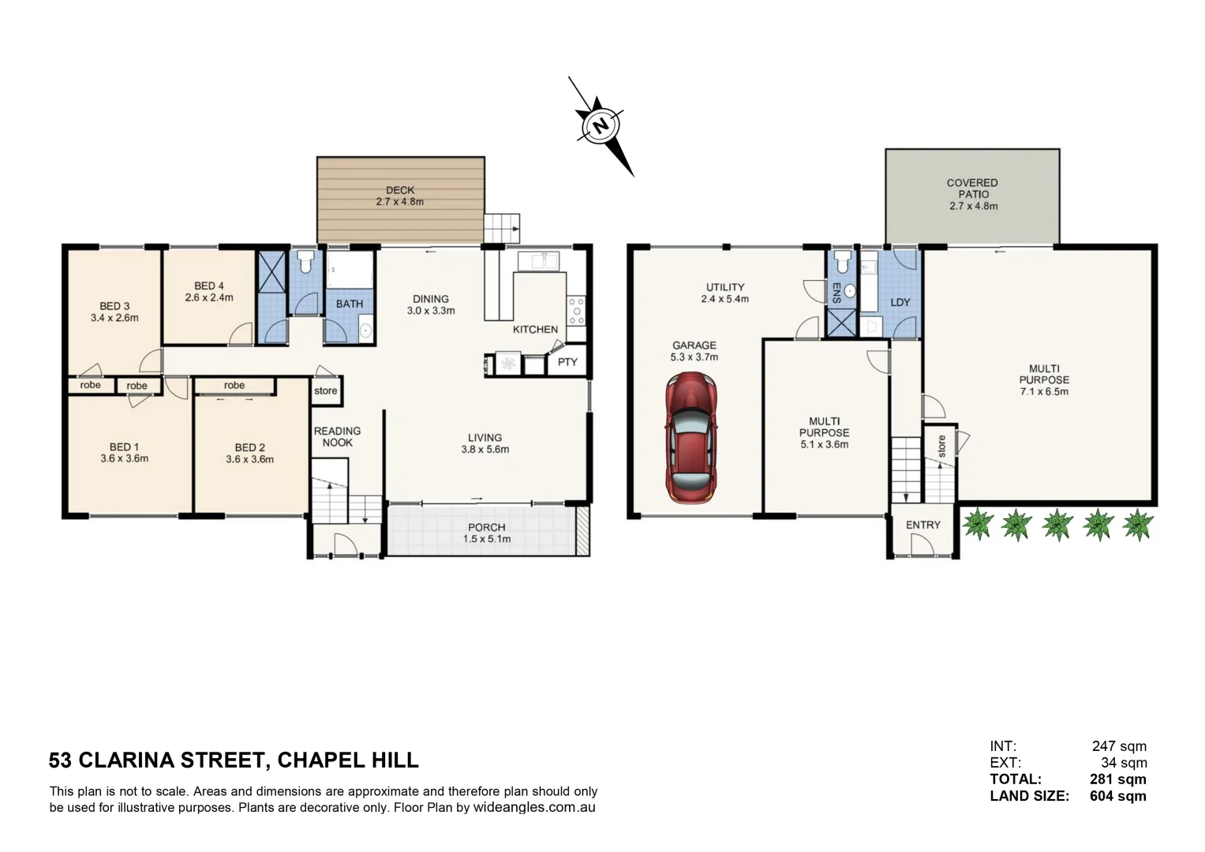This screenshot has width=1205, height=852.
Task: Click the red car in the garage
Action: pyautogui.click(x=691, y=438)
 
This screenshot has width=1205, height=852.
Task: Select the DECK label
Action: pyautogui.click(x=400, y=190)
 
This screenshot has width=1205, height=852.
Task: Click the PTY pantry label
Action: pyautogui.click(x=567, y=362)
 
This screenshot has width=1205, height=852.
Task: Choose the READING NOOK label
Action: pyautogui.click(x=337, y=436)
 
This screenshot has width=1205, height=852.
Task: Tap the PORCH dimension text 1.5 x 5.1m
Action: pyautogui.click(x=487, y=540)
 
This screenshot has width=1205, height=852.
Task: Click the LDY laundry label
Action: pyautogui.click(x=900, y=302)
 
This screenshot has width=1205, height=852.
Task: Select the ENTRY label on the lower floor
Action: pyautogui.click(x=922, y=525)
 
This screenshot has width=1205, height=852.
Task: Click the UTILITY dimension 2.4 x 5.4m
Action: pyautogui.click(x=724, y=299)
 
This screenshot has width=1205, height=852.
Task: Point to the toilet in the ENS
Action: pyautogui.click(x=842, y=260)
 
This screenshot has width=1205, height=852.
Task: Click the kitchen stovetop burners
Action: pyautogui.click(x=576, y=311)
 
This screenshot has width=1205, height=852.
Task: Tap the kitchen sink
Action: pyautogui.click(x=538, y=260)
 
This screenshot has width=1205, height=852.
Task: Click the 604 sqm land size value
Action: pyautogui.click(x=1117, y=796)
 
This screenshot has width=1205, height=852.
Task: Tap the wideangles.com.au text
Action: pyautogui.click(x=533, y=808)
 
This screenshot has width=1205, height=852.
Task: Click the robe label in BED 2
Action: pyautogui.click(x=234, y=385)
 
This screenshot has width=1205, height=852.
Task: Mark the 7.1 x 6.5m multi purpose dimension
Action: pyautogui.click(x=1044, y=391)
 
